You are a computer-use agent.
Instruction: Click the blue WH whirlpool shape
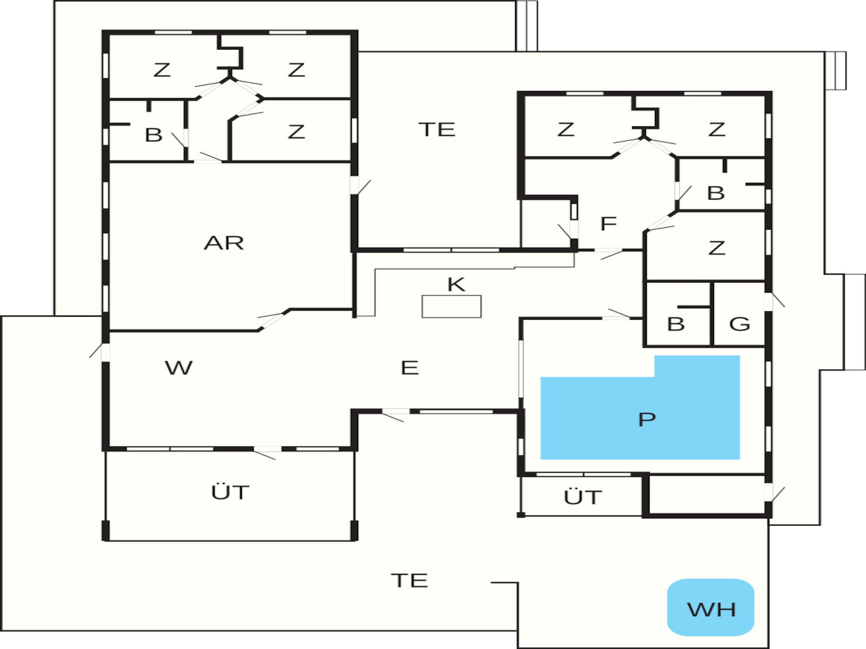(x=710, y=607)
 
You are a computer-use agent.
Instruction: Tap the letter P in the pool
(x=647, y=419)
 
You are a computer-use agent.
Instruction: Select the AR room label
(x=224, y=243)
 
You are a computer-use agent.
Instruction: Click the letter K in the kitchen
(x=456, y=284)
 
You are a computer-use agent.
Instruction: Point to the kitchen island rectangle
(x=451, y=306)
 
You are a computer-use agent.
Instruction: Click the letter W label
(x=179, y=368)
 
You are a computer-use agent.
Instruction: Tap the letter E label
(x=410, y=368)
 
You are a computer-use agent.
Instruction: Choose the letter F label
(x=608, y=223)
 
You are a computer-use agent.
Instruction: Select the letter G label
(x=739, y=324)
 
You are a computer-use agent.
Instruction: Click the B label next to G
(x=676, y=324)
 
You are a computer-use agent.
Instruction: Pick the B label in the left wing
(x=153, y=135)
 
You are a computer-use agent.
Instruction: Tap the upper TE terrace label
(x=437, y=129)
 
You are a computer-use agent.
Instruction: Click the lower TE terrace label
(x=409, y=580)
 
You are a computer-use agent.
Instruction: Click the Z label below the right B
(x=717, y=248)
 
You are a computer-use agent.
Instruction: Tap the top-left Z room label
(x=162, y=70)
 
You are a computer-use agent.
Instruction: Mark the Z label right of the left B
(x=296, y=132)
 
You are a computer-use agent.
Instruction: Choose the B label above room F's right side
(x=716, y=193)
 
